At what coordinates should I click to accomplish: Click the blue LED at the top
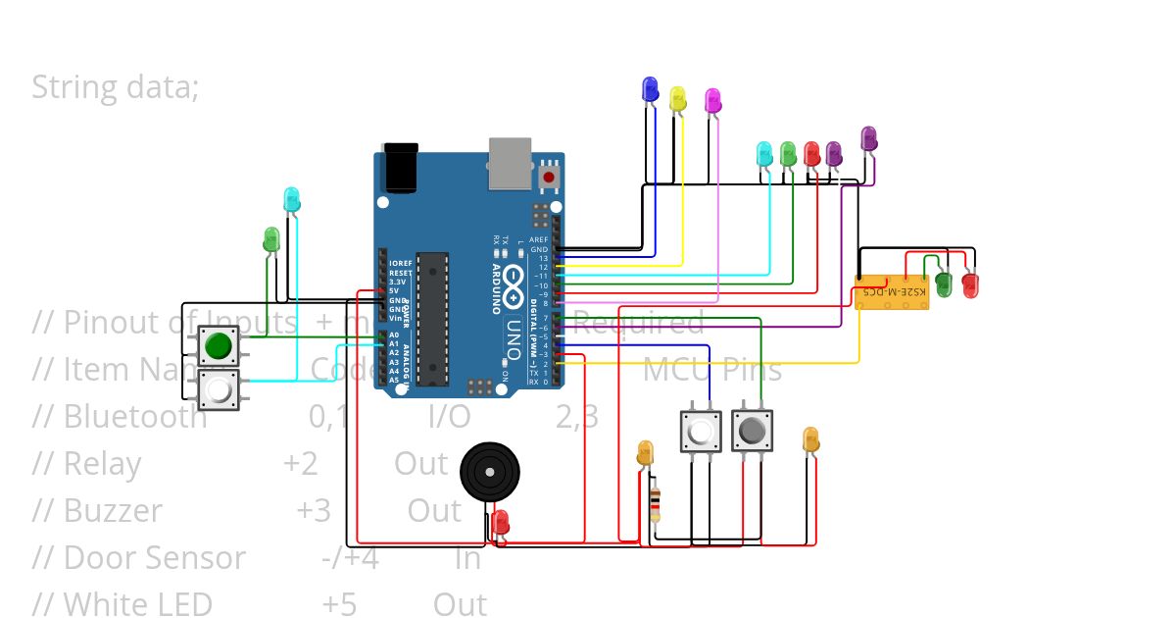pos(649,89)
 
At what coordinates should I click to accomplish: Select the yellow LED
pos(677,98)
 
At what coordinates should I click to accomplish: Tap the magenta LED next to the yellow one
pos(712,100)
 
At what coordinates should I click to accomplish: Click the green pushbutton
pos(218,345)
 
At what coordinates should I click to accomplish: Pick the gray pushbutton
pos(752,431)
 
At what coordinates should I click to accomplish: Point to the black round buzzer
pos(487,470)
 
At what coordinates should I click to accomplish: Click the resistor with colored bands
pos(655,504)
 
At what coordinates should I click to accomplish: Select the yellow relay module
pos(891,292)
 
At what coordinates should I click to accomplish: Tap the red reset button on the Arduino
pos(549,178)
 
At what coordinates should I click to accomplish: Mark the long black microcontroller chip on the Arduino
pos(432,318)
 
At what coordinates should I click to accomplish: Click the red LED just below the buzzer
pos(501,521)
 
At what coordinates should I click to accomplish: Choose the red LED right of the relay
pos(970,285)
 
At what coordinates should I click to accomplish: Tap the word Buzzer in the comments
pos(113,511)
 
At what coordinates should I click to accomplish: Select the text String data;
pos(116,87)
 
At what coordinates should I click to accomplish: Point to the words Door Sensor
pos(154,558)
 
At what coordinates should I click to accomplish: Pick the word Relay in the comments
pos(102,464)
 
